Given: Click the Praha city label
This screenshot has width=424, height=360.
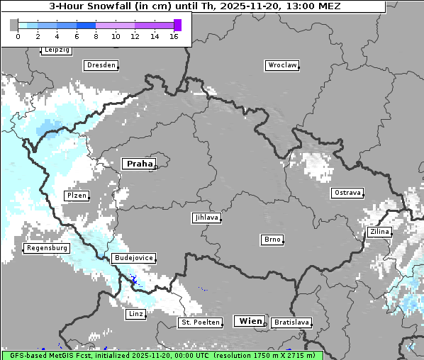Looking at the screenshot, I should tap(139, 164).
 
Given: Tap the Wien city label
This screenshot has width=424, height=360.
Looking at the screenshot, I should tap(250, 321).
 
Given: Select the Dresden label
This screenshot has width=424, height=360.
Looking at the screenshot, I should tap(101, 65).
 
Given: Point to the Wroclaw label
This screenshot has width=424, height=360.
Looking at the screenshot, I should tap(281, 65).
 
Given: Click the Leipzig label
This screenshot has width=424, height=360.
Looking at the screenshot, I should tap(56, 50).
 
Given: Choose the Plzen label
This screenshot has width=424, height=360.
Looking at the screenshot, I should tap(76, 196).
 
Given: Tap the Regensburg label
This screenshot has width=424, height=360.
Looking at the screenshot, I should tap(47, 248).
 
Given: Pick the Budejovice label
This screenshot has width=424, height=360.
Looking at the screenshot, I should tap(133, 258).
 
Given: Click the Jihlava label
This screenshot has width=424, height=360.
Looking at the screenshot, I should tap(206, 218).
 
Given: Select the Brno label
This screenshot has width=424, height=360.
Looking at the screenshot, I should tap(272, 240).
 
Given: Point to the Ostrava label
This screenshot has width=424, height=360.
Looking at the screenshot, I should tap(347, 193).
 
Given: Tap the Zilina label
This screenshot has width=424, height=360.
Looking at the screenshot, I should tap(379, 232).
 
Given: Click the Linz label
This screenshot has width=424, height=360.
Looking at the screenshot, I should tap(135, 313).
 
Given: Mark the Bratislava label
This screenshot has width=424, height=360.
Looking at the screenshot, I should tap(291, 322).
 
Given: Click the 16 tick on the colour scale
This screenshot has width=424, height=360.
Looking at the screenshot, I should tap(174, 36).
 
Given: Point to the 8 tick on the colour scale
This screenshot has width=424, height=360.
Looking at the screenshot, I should tap(96, 36).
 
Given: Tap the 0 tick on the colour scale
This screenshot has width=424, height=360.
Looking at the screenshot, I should tap(18, 36).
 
